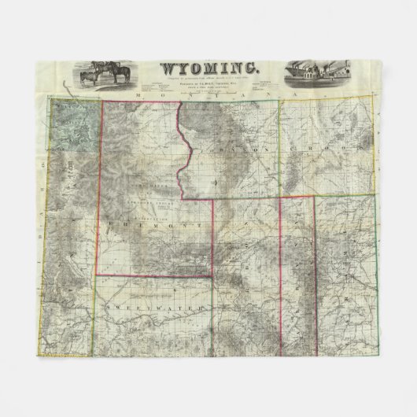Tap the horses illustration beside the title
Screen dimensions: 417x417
tap(105, 72)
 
